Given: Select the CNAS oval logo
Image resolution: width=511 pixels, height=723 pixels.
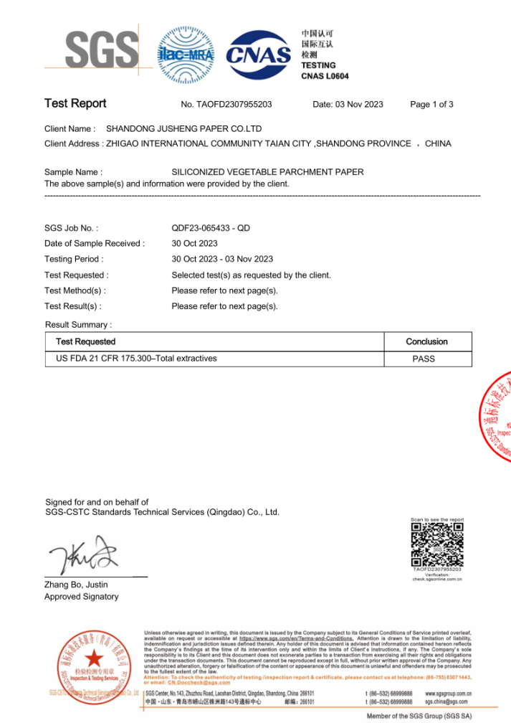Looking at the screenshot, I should (259, 53).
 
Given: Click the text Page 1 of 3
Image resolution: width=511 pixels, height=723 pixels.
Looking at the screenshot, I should (431, 105).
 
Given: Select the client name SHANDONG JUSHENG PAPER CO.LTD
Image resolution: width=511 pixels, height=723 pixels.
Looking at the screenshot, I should (183, 129).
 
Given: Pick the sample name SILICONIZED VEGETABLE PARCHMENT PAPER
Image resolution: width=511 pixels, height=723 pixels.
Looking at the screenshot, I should (267, 172).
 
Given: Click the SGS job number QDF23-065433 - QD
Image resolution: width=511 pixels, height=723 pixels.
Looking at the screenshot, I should (211, 228).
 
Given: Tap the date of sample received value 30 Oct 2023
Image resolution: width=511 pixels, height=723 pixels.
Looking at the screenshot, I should (194, 244).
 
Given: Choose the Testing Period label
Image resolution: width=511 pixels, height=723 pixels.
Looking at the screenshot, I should (74, 260).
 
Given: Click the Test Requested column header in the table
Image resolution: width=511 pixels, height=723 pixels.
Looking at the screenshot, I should (85, 341).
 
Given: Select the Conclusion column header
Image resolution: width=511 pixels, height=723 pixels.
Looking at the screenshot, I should (426, 341).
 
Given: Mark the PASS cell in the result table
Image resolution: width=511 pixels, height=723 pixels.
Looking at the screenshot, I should (424, 359).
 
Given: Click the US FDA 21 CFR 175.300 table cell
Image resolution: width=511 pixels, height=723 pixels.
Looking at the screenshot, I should (136, 359).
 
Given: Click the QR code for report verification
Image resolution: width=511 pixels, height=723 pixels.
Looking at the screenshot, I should (436, 543).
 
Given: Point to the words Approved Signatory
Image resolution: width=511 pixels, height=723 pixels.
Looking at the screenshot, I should (82, 597).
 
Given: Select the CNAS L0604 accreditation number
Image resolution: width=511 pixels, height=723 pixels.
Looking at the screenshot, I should (325, 76).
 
